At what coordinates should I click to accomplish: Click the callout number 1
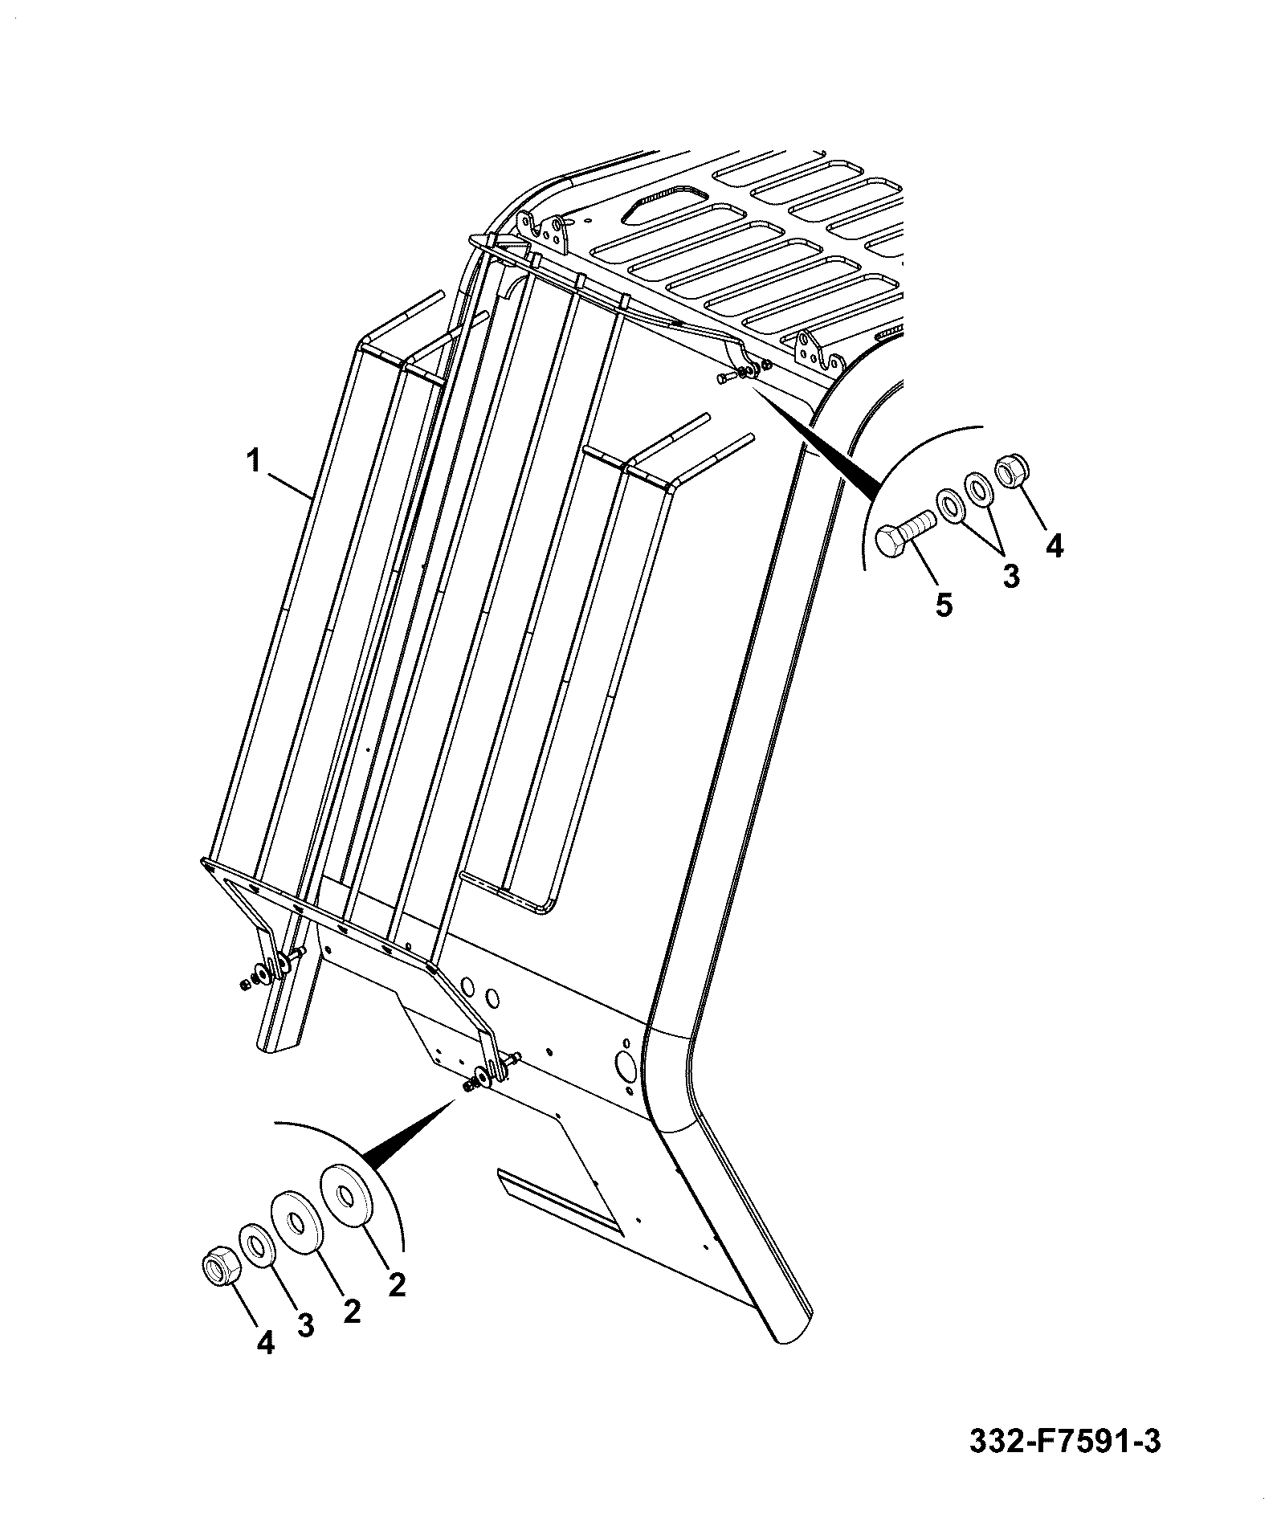click(x=253, y=462)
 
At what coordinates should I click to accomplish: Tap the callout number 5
click(x=944, y=604)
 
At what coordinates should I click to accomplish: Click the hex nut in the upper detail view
click(x=1010, y=472)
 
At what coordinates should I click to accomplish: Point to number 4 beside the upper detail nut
click(x=1054, y=546)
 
